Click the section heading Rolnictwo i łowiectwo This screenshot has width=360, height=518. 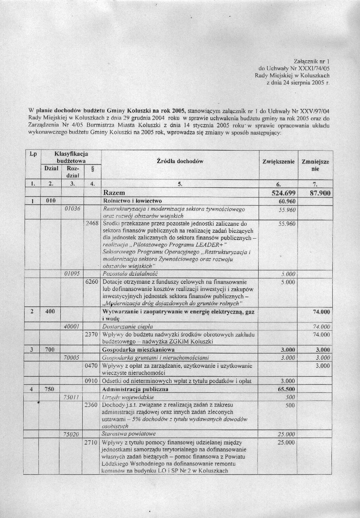[x=132, y=201]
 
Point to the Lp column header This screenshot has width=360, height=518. [x=33, y=154]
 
